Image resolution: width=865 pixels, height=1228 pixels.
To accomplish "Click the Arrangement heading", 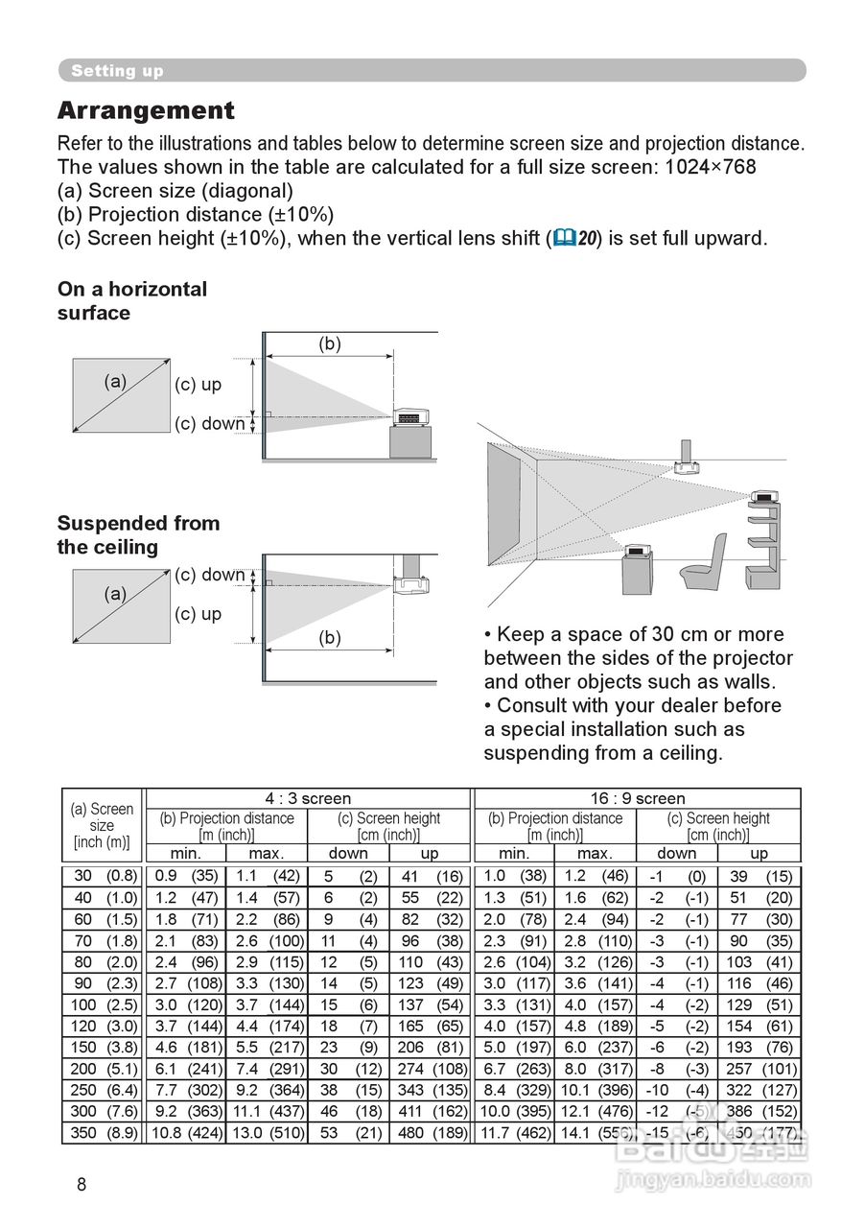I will pos(146,111).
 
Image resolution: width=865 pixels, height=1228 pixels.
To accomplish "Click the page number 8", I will pos(82,1185).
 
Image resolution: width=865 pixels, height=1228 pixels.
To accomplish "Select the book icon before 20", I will pos(563,238).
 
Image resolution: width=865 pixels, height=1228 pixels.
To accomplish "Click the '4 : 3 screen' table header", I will pos(308,798).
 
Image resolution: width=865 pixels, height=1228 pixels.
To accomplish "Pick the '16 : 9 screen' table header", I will pos(637,798).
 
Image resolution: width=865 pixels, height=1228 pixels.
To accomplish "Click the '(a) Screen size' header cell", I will pos(102,825).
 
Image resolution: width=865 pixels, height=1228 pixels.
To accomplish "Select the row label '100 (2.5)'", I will pos(103,1004).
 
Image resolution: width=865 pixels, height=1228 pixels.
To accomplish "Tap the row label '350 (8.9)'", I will pos(103,1133).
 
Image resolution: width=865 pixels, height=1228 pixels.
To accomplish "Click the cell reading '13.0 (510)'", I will pos(268,1133).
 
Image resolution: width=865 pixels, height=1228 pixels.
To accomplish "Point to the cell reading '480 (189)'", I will pos(431,1133).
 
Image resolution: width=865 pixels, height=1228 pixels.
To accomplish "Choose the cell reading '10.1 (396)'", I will pos(596,1090).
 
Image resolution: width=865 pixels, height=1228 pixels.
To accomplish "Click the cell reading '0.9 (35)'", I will pos(186,876).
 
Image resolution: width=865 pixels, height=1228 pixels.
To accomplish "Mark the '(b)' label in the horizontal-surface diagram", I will pos(329,344).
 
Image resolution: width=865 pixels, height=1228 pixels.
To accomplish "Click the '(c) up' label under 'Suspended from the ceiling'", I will pos(198,614).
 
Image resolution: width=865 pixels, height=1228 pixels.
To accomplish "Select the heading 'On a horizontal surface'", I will pos(132,300).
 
